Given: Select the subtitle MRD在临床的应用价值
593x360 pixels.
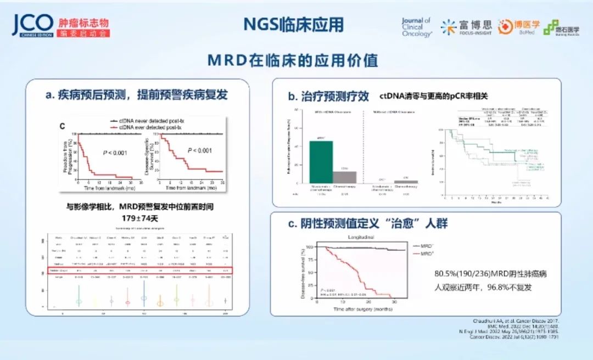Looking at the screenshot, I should click(293, 60).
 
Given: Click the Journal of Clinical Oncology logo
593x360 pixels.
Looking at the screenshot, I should click(417, 26).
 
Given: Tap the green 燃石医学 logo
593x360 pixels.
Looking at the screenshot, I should click(557, 27).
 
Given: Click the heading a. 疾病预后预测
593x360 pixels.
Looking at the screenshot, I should click(137, 94).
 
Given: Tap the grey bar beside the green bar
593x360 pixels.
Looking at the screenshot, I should click(345, 177).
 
